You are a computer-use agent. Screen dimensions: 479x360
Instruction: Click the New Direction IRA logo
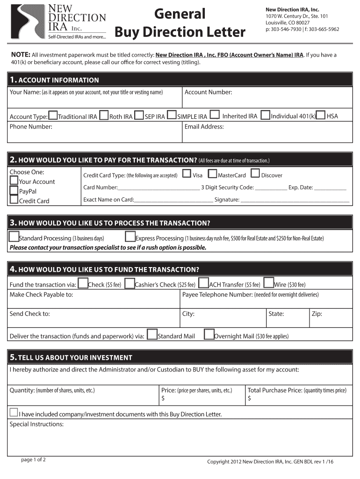[58, 21]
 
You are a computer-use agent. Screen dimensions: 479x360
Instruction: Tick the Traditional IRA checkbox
[53, 115]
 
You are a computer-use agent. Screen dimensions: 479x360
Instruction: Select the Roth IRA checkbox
[104, 115]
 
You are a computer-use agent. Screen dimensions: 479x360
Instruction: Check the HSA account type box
[321, 115]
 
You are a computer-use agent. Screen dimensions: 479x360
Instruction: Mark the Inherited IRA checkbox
[215, 115]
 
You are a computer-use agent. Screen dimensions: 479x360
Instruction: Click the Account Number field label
[208, 92]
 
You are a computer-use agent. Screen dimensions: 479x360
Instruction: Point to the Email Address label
[204, 127]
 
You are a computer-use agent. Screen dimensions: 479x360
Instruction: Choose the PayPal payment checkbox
[14, 191]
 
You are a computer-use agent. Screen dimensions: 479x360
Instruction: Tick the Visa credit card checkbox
[187, 174]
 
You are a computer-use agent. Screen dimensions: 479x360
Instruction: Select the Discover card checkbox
[255, 174]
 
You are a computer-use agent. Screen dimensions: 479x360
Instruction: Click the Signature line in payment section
[295, 200]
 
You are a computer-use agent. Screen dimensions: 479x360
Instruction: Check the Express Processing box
[130, 237]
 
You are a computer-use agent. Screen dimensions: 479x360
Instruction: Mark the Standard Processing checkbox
[14, 237]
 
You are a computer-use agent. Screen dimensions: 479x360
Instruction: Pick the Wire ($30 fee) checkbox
[268, 283]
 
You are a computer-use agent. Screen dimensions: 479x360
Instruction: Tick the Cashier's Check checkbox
[130, 283]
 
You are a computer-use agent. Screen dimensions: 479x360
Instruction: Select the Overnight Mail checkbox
[209, 334]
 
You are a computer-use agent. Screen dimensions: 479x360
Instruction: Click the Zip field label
[317, 314]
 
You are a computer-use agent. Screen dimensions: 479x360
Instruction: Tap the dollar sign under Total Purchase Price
[249, 399]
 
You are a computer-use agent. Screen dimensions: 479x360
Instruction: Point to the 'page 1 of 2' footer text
[33, 460]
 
